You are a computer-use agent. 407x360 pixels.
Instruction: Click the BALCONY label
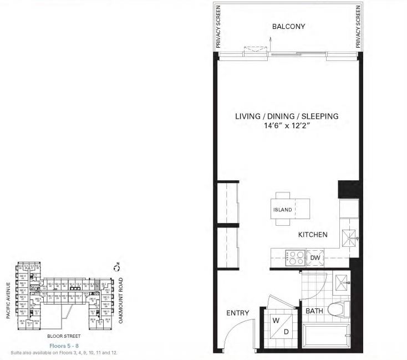[288, 27]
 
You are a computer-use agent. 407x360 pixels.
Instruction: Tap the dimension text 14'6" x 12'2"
[287, 126]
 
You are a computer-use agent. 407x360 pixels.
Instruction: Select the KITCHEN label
[313, 235]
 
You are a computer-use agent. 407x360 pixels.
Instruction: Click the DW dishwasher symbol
[314, 257]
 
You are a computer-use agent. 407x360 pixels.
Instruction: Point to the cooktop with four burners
[293, 257]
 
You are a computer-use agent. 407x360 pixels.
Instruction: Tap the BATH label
[314, 311]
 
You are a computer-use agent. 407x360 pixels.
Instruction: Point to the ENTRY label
[238, 313]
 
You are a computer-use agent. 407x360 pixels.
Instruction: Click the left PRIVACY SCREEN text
[219, 27]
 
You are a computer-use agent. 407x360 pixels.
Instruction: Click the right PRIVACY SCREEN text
[358, 27]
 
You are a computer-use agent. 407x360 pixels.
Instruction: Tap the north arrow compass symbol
[116, 268]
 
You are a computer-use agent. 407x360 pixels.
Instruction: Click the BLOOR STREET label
[64, 336]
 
